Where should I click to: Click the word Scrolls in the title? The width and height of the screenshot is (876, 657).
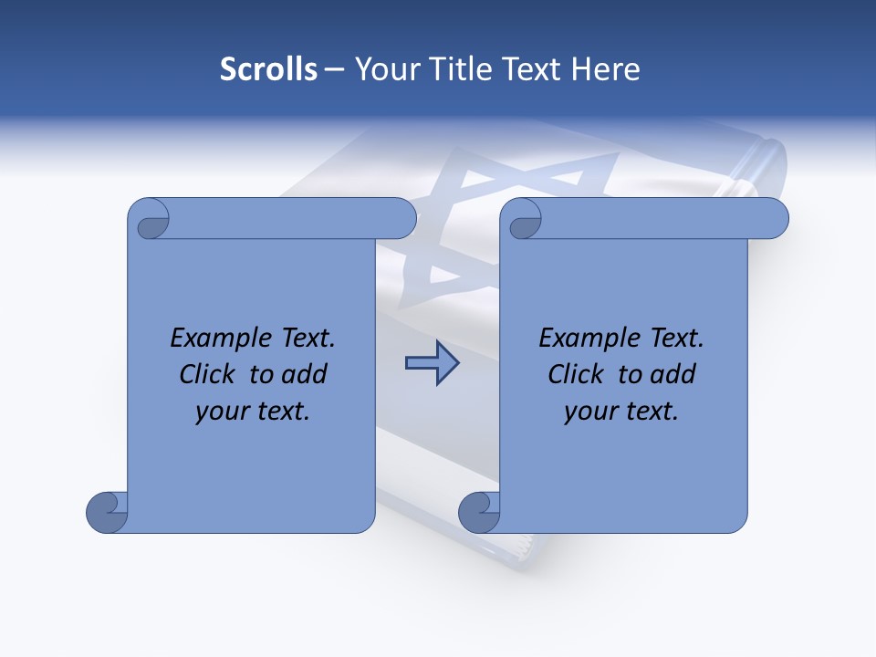pyautogui.click(x=269, y=69)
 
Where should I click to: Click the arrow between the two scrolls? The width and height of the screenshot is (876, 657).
pyautogui.click(x=432, y=363)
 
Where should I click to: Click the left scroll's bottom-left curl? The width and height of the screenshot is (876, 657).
pyautogui.click(x=108, y=512)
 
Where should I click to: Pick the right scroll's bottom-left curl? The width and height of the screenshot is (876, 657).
pyautogui.click(x=479, y=512)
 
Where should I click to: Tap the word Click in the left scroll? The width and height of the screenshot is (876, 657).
pyautogui.click(x=205, y=374)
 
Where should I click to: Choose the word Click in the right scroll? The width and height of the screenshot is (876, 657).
pyautogui.click(x=574, y=374)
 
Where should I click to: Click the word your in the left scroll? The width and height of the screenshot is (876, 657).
pyautogui.click(x=220, y=412)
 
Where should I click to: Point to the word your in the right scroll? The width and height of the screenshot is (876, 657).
pyautogui.click(x=589, y=412)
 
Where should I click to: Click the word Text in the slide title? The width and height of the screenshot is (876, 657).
pyautogui.click(x=537, y=69)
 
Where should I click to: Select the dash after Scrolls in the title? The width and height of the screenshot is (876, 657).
pyautogui.click(x=334, y=69)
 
